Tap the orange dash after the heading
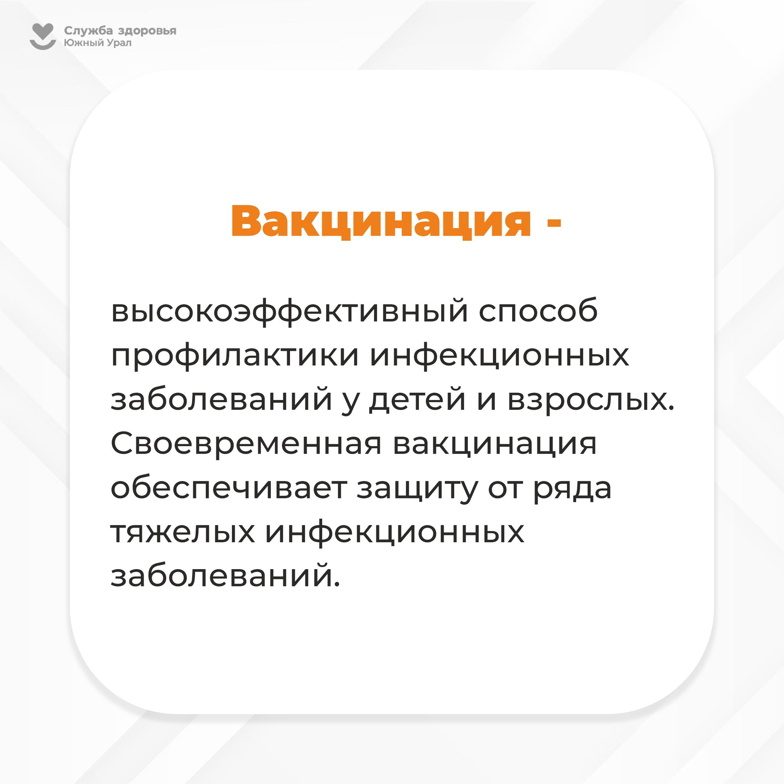click(554, 222)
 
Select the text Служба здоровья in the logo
click(120, 31)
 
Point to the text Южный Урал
click(98, 42)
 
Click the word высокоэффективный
click(289, 311)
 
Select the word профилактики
click(235, 356)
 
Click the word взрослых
click(591, 400)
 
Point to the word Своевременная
click(246, 444)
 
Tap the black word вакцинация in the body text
click(495, 445)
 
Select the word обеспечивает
click(229, 488)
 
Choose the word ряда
click(572, 490)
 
